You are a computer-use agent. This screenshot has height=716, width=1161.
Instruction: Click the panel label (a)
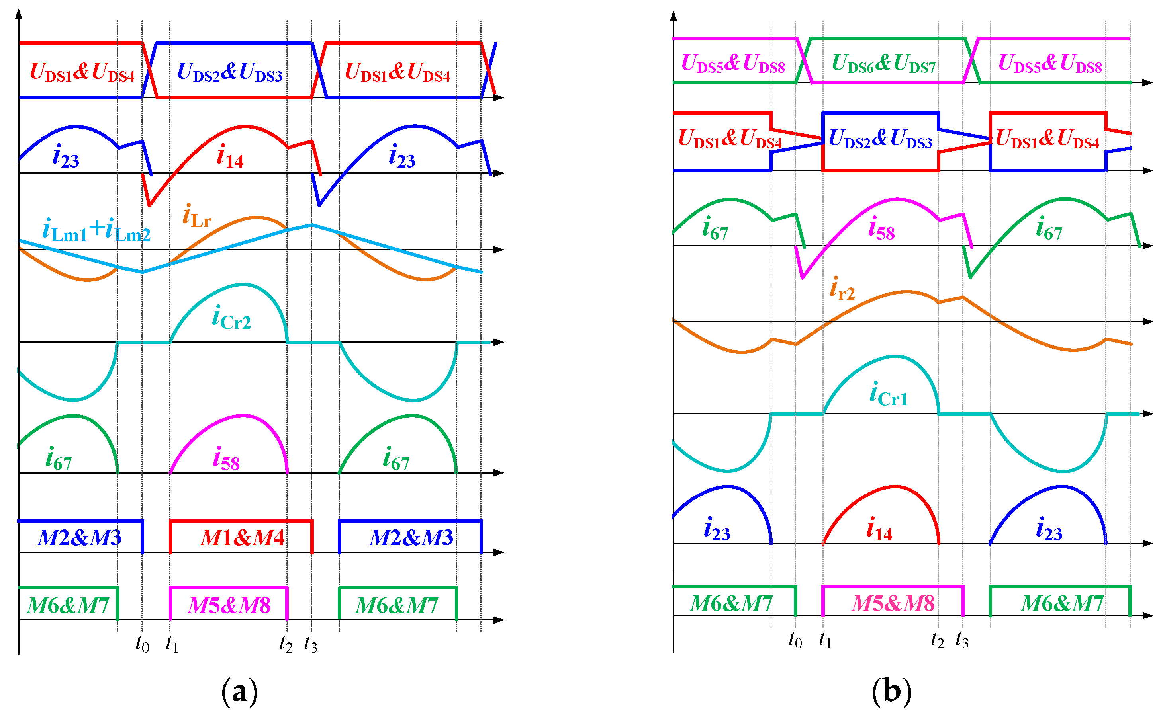(x=239, y=692)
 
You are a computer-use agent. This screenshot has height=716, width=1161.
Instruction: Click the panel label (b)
(x=891, y=692)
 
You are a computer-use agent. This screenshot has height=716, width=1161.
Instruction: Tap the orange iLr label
(x=197, y=217)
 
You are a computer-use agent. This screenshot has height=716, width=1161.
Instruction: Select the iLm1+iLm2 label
(x=96, y=230)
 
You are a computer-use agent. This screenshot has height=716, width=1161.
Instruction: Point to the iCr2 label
(x=231, y=318)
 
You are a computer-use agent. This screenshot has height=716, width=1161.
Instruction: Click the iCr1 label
(x=889, y=395)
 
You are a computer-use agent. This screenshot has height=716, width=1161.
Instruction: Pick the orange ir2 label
(x=842, y=289)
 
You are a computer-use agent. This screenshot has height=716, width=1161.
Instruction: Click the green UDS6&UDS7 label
(x=884, y=64)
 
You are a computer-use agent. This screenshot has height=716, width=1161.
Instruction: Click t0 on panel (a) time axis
(x=142, y=644)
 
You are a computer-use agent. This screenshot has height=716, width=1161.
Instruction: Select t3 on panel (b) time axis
(x=962, y=641)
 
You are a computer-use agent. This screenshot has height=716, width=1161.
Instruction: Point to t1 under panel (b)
(x=825, y=641)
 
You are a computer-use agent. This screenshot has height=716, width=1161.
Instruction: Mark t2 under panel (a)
(x=286, y=644)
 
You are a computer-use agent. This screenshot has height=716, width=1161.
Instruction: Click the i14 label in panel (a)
(x=230, y=157)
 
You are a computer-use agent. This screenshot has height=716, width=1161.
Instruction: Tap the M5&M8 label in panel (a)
(x=229, y=606)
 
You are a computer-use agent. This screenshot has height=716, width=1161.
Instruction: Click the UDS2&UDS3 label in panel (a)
(x=229, y=72)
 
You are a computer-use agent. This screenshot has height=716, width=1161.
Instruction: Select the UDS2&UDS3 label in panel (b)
(x=881, y=139)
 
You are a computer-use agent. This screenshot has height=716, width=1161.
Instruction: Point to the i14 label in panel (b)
(x=879, y=530)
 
